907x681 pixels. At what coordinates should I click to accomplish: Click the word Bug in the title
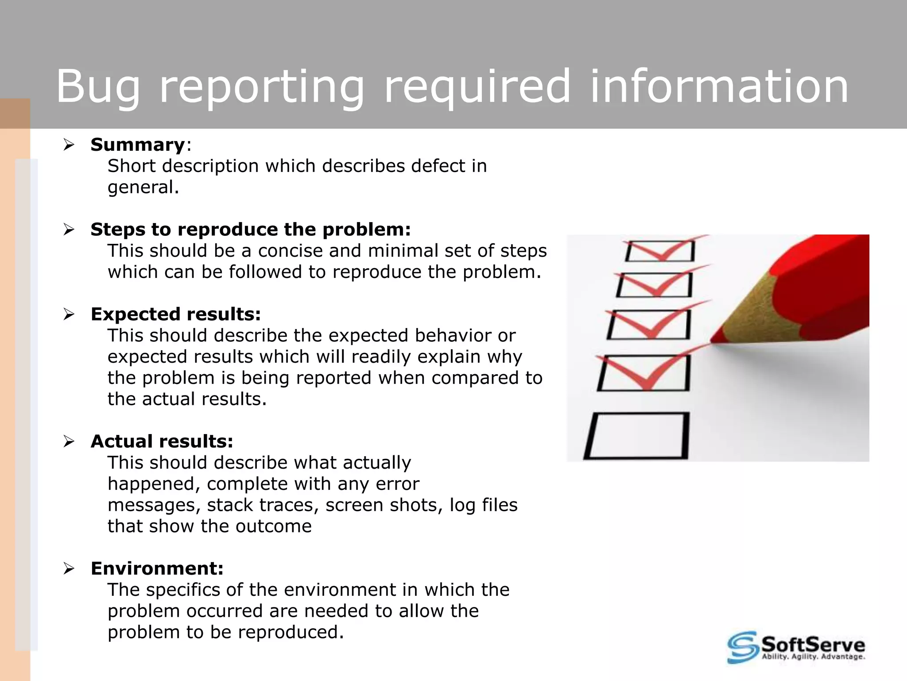(x=98, y=87)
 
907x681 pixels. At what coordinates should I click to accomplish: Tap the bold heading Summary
(x=138, y=145)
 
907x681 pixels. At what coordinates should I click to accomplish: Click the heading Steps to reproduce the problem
(x=251, y=230)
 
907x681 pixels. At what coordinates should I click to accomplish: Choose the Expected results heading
(x=175, y=314)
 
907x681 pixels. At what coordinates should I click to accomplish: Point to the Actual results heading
(x=162, y=442)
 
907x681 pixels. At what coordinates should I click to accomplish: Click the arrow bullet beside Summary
(x=69, y=145)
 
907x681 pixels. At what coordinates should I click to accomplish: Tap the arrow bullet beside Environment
(x=69, y=568)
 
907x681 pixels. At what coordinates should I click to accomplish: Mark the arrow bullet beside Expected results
(x=69, y=314)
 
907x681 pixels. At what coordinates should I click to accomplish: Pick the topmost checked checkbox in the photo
(x=660, y=251)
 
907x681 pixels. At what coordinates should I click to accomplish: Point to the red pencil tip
(x=714, y=340)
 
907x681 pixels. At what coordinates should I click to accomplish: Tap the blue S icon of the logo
(x=742, y=647)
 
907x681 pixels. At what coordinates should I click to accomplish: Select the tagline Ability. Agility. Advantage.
(x=813, y=657)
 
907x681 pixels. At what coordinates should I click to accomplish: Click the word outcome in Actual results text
(x=273, y=527)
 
